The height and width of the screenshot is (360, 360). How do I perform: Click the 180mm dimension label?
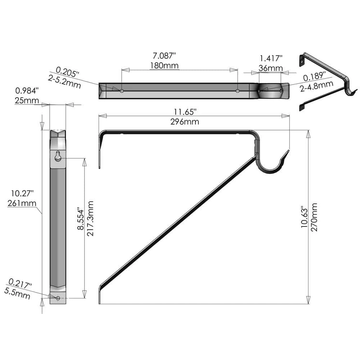pyautogui.click(x=165, y=66)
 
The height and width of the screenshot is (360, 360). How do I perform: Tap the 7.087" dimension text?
pyautogui.click(x=164, y=55)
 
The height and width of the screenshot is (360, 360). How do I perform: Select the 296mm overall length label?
pyautogui.click(x=185, y=122)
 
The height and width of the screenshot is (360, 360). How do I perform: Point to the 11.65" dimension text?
pyautogui.click(x=185, y=112)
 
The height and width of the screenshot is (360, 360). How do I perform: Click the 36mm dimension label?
pyautogui.click(x=270, y=68)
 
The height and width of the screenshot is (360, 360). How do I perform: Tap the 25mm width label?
pyautogui.click(x=27, y=100)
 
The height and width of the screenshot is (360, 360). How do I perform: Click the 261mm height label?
pyautogui.click(x=22, y=203)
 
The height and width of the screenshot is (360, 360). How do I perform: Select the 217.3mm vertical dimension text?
pyautogui.click(x=90, y=219)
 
